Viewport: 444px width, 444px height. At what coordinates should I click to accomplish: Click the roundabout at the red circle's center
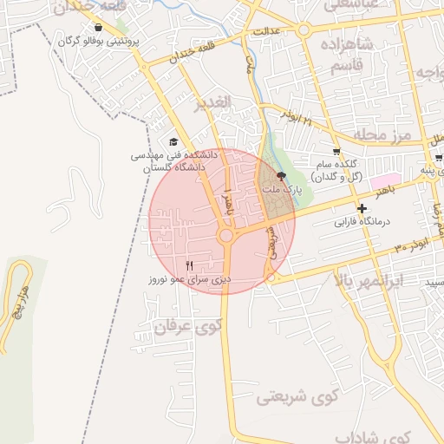tap(226, 235)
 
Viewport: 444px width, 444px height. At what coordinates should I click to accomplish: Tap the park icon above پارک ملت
tap(279, 174)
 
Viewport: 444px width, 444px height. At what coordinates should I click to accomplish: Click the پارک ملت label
tap(279, 187)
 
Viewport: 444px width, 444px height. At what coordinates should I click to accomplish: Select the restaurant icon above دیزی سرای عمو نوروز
tap(191, 264)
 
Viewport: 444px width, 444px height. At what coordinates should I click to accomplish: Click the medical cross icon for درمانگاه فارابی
tap(362, 208)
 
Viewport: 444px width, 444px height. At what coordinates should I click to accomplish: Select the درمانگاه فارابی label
tap(362, 221)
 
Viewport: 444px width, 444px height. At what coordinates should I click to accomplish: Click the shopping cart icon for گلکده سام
tap(336, 152)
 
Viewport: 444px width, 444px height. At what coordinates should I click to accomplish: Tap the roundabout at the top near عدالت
tap(304, 30)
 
